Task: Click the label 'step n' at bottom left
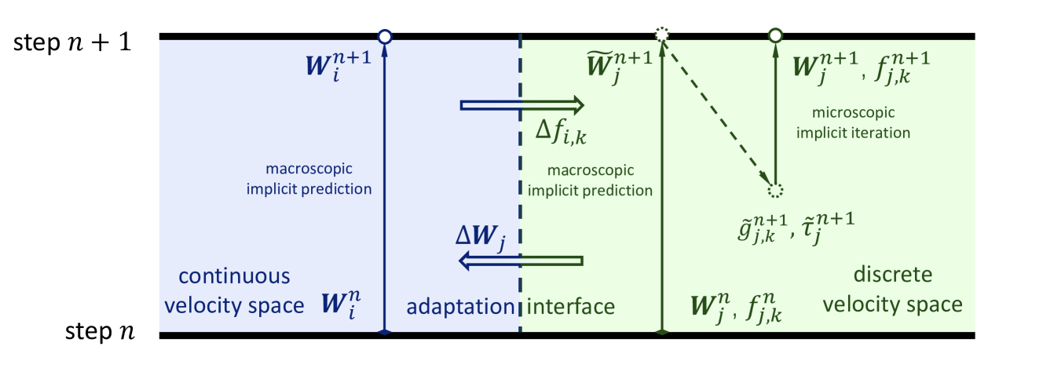[x=98, y=332]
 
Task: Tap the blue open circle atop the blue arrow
[x=384, y=35]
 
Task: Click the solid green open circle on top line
[x=775, y=35]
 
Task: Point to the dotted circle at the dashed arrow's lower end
[x=775, y=191]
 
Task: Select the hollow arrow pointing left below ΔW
[x=521, y=261]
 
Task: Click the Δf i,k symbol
[x=560, y=134]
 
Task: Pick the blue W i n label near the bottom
[x=342, y=303]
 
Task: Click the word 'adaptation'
[x=459, y=306]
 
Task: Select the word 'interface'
[x=570, y=306]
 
